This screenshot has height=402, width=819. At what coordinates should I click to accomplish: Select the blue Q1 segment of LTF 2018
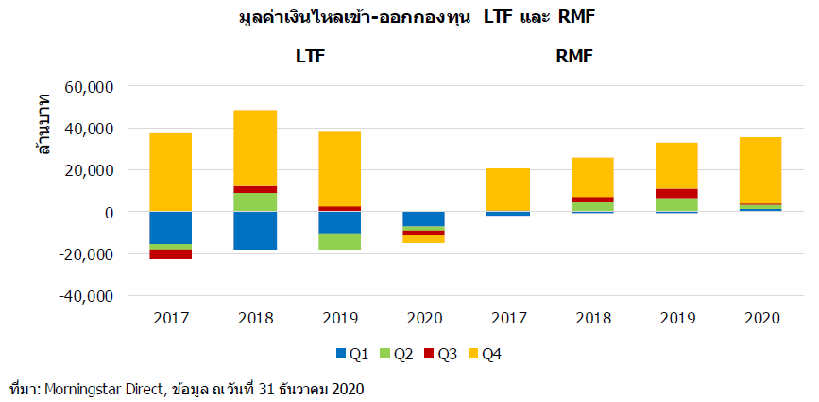pyautogui.click(x=256, y=230)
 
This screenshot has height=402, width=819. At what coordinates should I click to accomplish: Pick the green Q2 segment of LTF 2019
pyautogui.click(x=340, y=241)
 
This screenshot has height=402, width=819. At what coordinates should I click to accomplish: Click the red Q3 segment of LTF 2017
pyautogui.click(x=171, y=253)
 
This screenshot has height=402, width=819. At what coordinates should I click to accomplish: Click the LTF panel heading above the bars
pyautogui.click(x=311, y=56)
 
